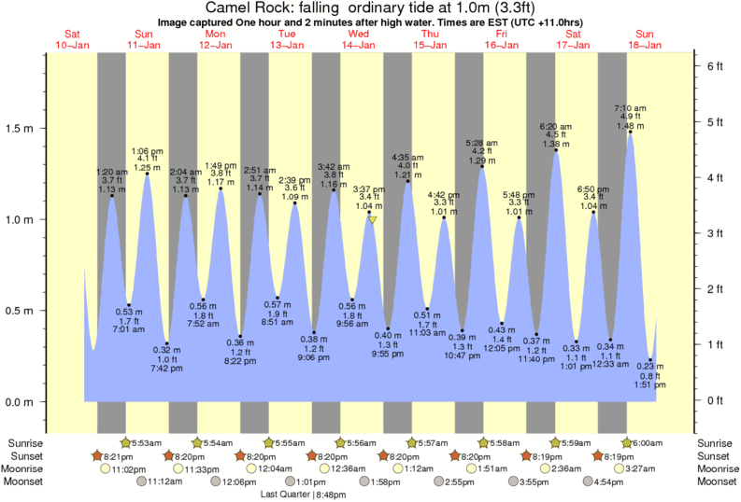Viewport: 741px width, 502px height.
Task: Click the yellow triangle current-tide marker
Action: point(371,220)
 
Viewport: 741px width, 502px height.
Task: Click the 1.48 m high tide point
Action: point(631,132)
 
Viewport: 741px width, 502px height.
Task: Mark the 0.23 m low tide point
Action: point(651,359)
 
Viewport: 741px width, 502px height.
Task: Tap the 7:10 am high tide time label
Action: point(631,107)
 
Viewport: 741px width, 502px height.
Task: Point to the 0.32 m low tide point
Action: point(166,343)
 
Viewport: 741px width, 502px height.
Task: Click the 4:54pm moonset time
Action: point(606,482)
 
